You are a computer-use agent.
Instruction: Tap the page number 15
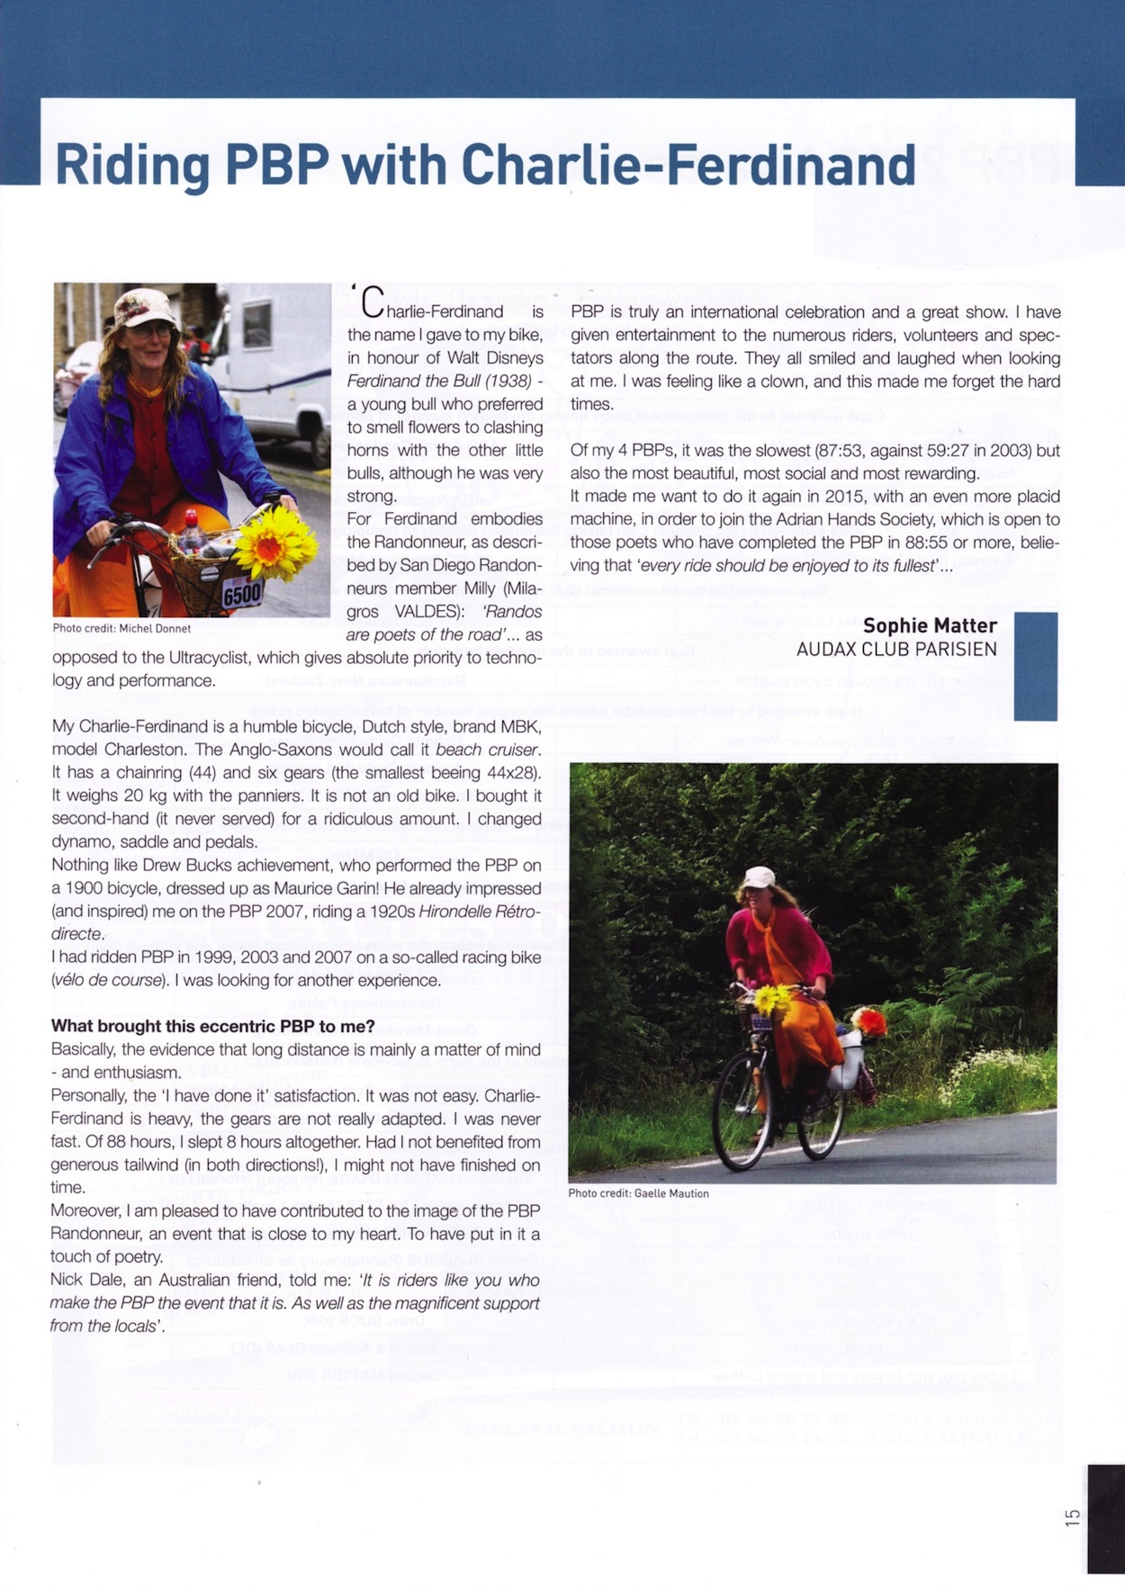coord(1072,1516)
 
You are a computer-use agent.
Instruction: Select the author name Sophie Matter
coord(930,625)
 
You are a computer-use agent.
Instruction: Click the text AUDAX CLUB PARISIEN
coord(896,649)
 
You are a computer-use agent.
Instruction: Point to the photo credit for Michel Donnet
coord(121,628)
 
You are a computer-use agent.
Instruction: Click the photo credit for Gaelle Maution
coord(638,1193)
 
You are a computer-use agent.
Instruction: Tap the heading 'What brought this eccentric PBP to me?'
coord(212,1026)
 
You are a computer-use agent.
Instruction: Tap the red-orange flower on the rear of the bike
coord(868,1021)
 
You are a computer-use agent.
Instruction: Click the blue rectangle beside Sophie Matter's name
coord(1035,666)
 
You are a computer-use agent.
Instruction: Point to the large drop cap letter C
coord(373,303)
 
